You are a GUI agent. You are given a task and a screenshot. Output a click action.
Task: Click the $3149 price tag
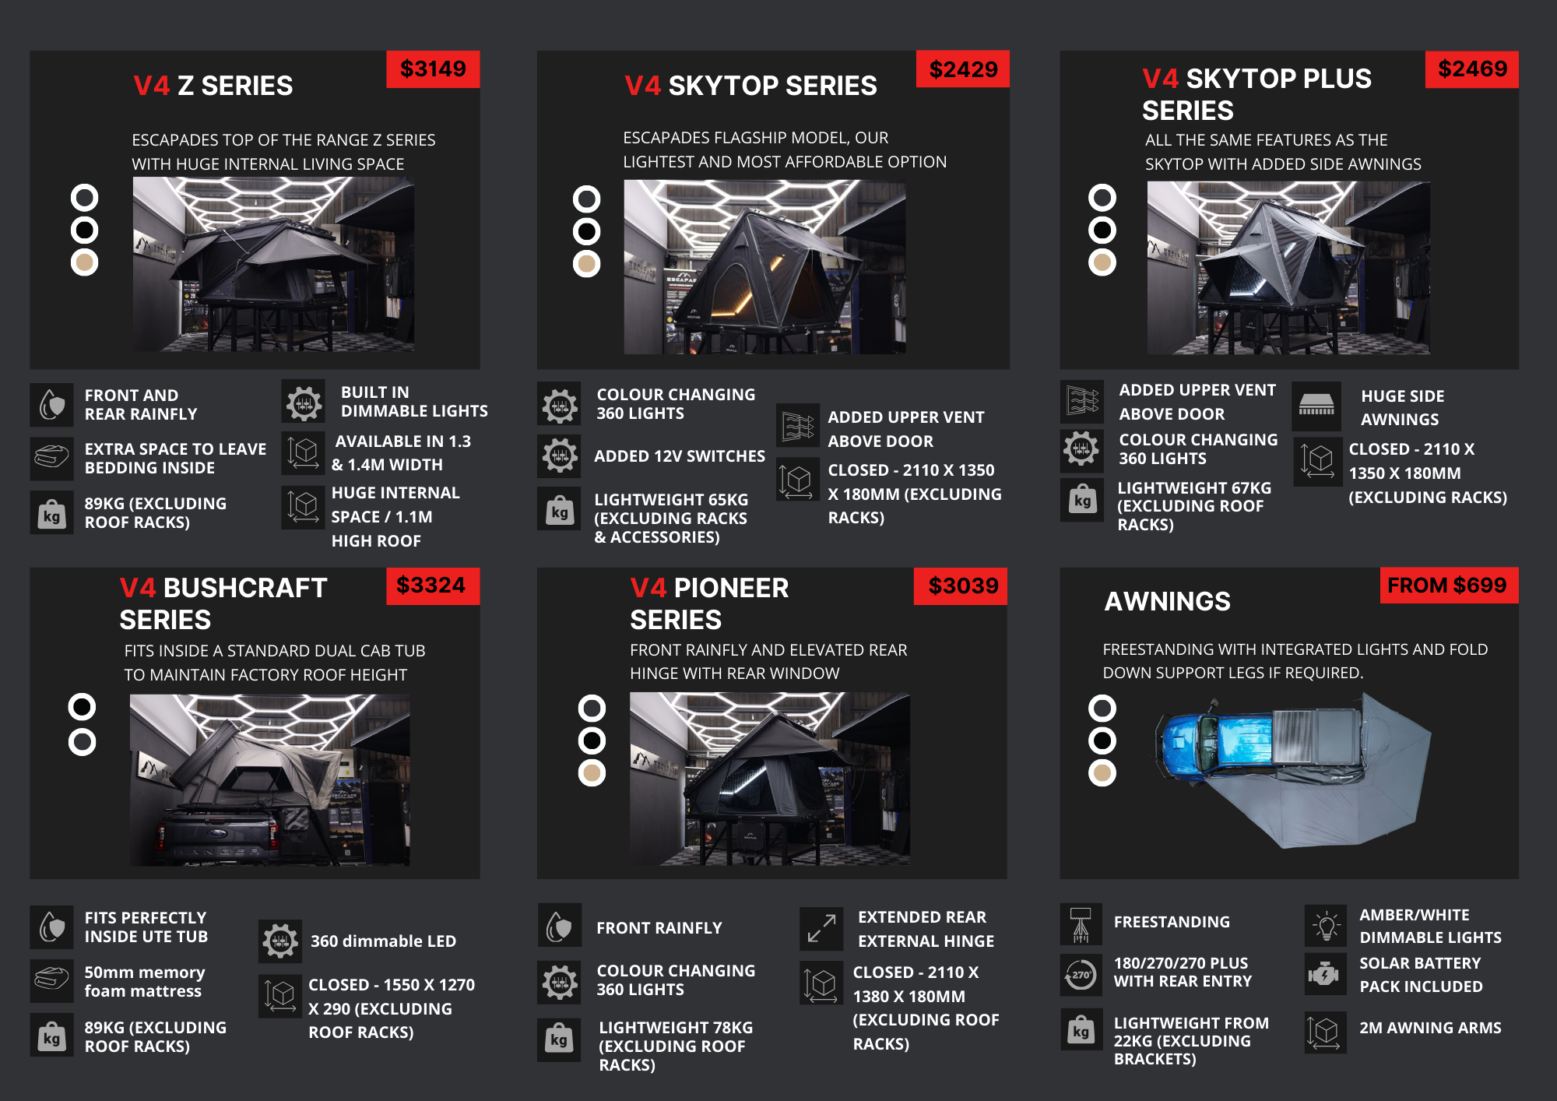pyautogui.click(x=433, y=69)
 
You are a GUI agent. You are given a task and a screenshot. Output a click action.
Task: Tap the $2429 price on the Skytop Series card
pyautogui.click(x=963, y=69)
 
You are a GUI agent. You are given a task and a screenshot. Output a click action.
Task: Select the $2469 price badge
pyautogui.click(x=1472, y=69)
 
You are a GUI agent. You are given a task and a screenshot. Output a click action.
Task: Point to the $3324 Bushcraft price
pyautogui.click(x=433, y=586)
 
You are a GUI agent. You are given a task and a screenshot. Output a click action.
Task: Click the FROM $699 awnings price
pyautogui.click(x=1449, y=586)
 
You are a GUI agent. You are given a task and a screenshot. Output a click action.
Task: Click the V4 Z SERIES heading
pyautogui.click(x=213, y=86)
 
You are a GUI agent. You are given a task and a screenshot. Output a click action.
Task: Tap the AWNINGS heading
pyautogui.click(x=1168, y=601)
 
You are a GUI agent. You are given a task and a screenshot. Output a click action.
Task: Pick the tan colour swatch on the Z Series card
pyautogui.click(x=84, y=263)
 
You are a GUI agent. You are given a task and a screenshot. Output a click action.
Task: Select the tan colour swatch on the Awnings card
pyautogui.click(x=1102, y=773)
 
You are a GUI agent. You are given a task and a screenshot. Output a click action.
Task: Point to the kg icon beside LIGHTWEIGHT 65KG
pyautogui.click(x=559, y=511)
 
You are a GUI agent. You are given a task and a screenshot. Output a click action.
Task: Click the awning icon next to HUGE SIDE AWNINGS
pyautogui.click(x=1316, y=406)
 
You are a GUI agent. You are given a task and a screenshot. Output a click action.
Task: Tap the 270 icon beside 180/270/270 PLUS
pyautogui.click(x=1081, y=974)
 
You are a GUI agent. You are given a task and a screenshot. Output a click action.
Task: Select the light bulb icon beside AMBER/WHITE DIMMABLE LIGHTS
pyautogui.click(x=1326, y=926)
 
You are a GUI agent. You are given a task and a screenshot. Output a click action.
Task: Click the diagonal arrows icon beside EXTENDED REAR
pyautogui.click(x=821, y=929)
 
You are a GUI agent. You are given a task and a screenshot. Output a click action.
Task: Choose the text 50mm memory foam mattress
pyautogui.click(x=145, y=982)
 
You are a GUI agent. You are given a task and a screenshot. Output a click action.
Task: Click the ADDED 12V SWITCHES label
pyautogui.click(x=680, y=456)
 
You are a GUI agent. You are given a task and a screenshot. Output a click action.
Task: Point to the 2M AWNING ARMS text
pyautogui.click(x=1430, y=1028)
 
